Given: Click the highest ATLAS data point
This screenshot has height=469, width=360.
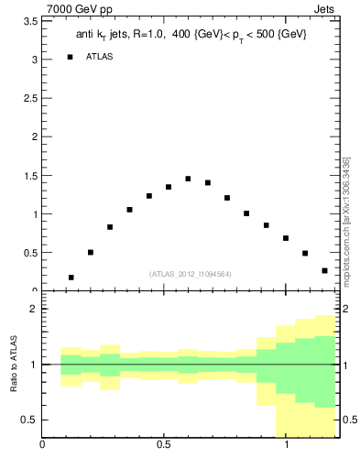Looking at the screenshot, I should pos(188,179).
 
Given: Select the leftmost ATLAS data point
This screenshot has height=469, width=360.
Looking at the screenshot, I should pos(71,277).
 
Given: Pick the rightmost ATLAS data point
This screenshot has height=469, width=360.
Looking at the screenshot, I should pos(324,270).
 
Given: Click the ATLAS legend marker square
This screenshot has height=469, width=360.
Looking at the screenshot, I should pos(70,57).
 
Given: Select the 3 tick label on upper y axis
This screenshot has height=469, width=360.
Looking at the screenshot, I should pos(33,59).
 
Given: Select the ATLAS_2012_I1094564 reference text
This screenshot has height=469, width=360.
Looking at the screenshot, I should pos(190,274).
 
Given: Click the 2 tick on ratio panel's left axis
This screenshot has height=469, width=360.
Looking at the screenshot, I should pos(33,309).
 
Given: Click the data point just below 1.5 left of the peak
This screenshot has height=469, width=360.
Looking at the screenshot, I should pos(169,187).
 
